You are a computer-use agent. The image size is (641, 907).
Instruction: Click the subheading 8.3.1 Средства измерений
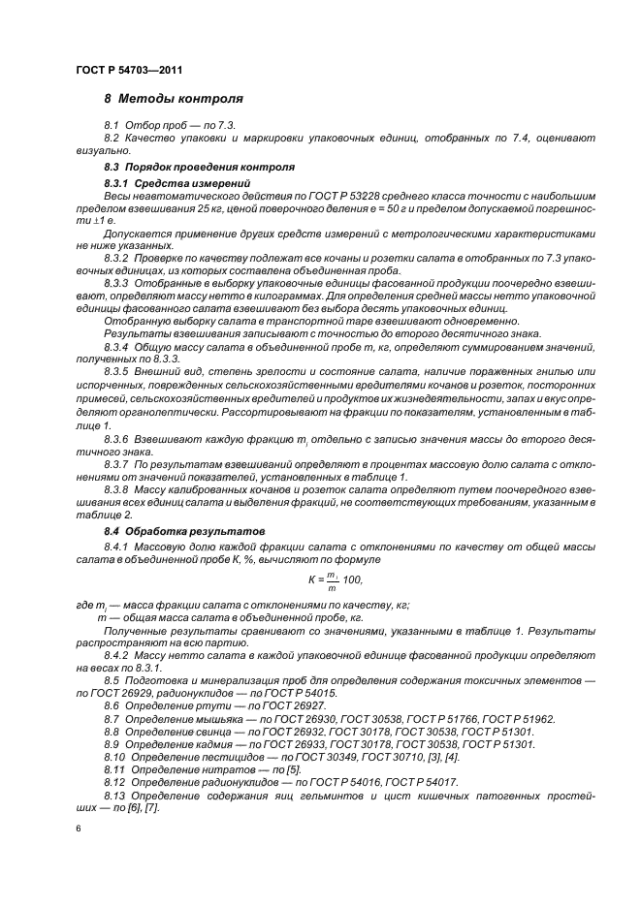coord(164,183)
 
